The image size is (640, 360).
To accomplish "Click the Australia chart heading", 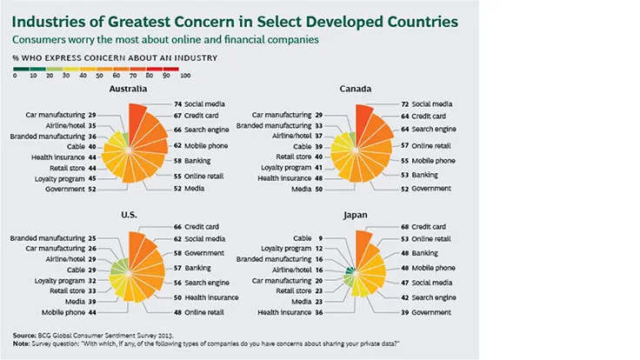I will tap(128, 89).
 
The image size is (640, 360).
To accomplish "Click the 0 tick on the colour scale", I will tap(15, 77).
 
